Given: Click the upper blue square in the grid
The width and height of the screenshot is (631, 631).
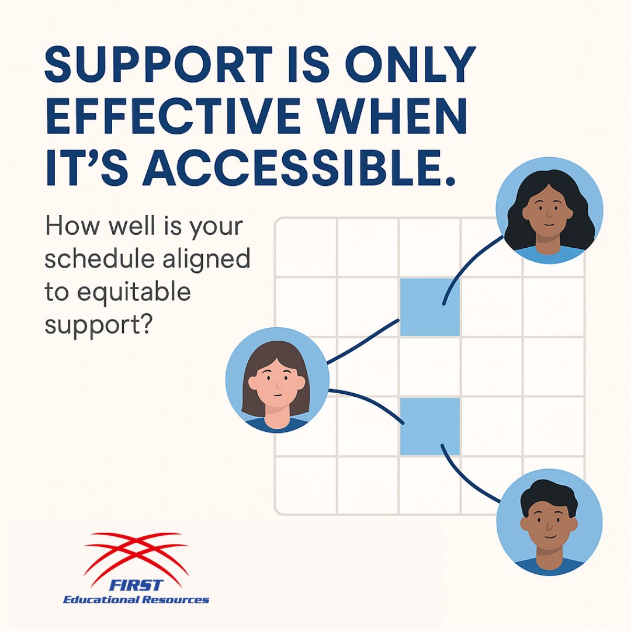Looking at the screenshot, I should coord(430,307).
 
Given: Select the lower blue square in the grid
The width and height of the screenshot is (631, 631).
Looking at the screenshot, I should coord(430,426).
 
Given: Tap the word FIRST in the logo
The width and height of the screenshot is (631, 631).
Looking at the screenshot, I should coord(138,586).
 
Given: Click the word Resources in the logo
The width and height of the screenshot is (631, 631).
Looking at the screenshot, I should coord(176,599).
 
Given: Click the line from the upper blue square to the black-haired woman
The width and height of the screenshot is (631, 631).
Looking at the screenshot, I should coord(467,266).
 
